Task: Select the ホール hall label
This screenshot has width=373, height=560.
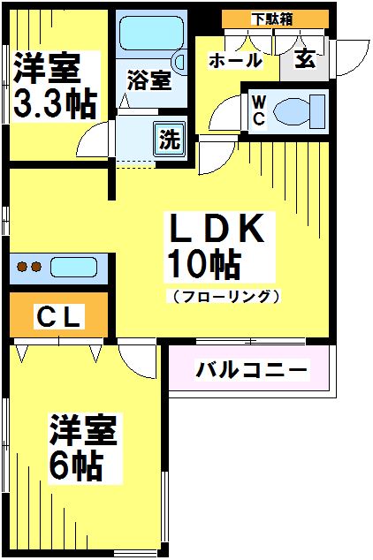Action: [235, 61]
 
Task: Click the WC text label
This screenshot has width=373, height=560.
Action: [260, 110]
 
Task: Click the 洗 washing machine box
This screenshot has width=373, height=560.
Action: [166, 139]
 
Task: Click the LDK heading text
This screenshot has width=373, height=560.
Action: [216, 230]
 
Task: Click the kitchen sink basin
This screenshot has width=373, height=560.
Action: [76, 267]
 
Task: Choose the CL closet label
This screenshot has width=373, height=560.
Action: [59, 315]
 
